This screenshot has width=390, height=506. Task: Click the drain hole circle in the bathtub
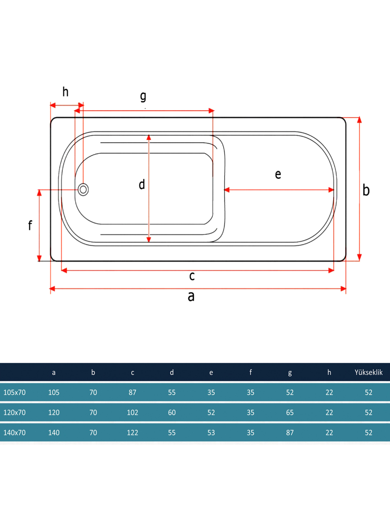pyautogui.click(x=83, y=190)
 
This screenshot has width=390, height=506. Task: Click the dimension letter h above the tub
pyautogui.click(x=65, y=92)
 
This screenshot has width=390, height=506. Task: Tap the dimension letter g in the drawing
pyautogui.click(x=143, y=96)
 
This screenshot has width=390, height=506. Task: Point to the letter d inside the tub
pyautogui.click(x=142, y=185)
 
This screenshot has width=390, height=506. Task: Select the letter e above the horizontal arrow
pyautogui.click(x=278, y=174)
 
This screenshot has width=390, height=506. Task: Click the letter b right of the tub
pyautogui.click(x=366, y=190)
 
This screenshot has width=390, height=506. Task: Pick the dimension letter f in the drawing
pyautogui.click(x=30, y=225)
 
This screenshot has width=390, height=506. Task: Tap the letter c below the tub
pyautogui.click(x=192, y=276)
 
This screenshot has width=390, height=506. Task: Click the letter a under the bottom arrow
pyautogui.click(x=191, y=296)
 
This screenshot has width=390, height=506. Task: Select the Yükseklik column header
pyautogui.click(x=369, y=372)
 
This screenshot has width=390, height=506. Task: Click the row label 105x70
pyautogui.click(x=15, y=393)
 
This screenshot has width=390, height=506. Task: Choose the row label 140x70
pyautogui.click(x=15, y=433)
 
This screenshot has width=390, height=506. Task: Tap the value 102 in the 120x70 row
pyautogui.click(x=133, y=413)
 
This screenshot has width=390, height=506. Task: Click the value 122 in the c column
pyautogui.click(x=133, y=433)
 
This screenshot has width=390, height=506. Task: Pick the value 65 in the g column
pyautogui.click(x=290, y=413)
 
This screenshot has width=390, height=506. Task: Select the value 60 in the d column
pyautogui.click(x=172, y=413)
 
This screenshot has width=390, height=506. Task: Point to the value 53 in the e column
pyautogui.click(x=211, y=433)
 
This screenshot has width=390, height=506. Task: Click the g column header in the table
pyautogui.click(x=290, y=373)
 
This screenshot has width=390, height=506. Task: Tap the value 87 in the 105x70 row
pyautogui.click(x=133, y=393)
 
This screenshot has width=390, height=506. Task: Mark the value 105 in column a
pyautogui.click(x=54, y=393)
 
